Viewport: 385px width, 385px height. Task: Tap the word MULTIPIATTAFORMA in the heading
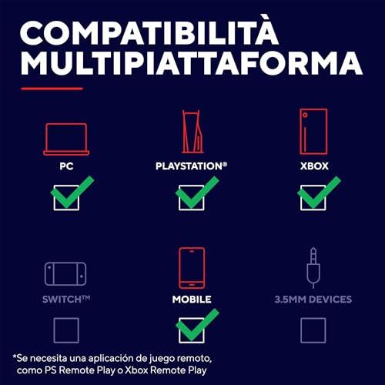192,63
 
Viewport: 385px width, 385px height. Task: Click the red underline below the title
52,89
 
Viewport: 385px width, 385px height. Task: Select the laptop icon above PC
66,139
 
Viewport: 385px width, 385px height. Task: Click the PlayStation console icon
192,132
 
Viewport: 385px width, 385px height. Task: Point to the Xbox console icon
313,132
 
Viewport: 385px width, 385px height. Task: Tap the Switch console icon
65,273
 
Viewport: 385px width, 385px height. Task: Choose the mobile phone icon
192,268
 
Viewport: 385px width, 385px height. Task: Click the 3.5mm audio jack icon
313,267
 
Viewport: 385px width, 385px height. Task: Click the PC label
66,166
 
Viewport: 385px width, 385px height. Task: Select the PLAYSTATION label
191,166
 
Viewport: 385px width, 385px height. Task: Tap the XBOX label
314,166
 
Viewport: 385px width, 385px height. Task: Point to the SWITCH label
66,300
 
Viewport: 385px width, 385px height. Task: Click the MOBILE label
192,300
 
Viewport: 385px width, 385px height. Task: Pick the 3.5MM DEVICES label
313,300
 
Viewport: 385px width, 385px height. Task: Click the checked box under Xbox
313,198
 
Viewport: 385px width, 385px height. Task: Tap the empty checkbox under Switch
66,330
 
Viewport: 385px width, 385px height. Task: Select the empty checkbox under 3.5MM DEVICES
313,330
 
